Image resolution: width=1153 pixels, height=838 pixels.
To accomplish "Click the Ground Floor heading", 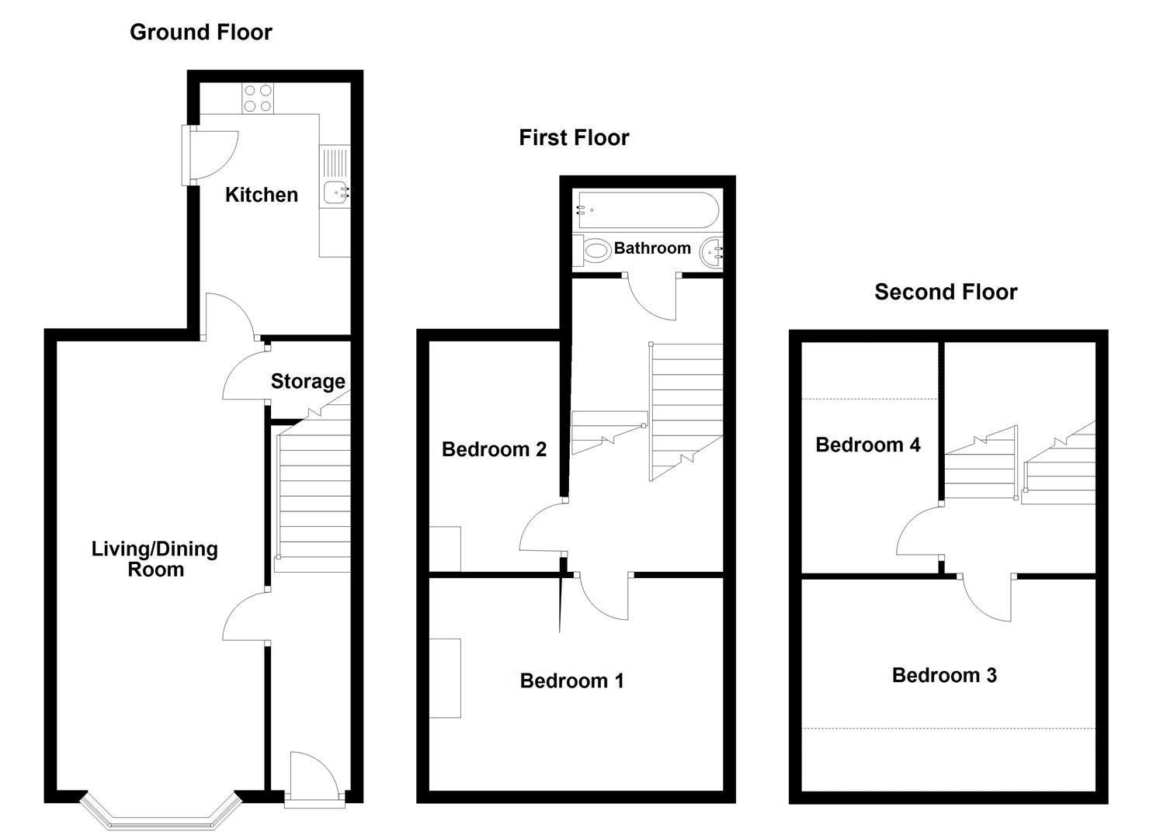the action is click(x=201, y=33).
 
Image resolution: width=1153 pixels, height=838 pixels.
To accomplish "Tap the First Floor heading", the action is click(x=574, y=138).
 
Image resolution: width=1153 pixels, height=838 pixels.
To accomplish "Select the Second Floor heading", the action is click(x=946, y=293).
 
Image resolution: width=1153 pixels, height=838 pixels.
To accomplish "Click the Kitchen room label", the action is click(x=262, y=195).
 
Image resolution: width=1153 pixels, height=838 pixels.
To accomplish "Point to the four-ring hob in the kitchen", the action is click(x=258, y=99).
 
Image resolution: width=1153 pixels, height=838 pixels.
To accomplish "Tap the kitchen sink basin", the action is click(x=335, y=193).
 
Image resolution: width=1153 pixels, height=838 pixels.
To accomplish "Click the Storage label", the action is click(x=307, y=381).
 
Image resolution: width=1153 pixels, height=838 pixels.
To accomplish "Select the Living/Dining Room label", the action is click(x=155, y=559).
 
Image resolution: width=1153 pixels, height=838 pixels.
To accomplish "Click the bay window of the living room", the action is click(x=161, y=817).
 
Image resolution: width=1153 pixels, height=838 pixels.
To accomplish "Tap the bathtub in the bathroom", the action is click(x=648, y=209).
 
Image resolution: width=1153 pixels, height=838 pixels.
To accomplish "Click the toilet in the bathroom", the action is click(x=592, y=251).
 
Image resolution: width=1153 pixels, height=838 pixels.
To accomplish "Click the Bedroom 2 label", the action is click(x=494, y=449).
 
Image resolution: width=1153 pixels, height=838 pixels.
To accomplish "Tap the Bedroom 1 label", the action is click(x=572, y=681).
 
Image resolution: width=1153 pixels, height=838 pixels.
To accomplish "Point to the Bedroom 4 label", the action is click(x=868, y=445).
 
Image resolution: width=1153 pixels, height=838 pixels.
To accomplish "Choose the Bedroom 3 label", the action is click(x=944, y=675).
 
